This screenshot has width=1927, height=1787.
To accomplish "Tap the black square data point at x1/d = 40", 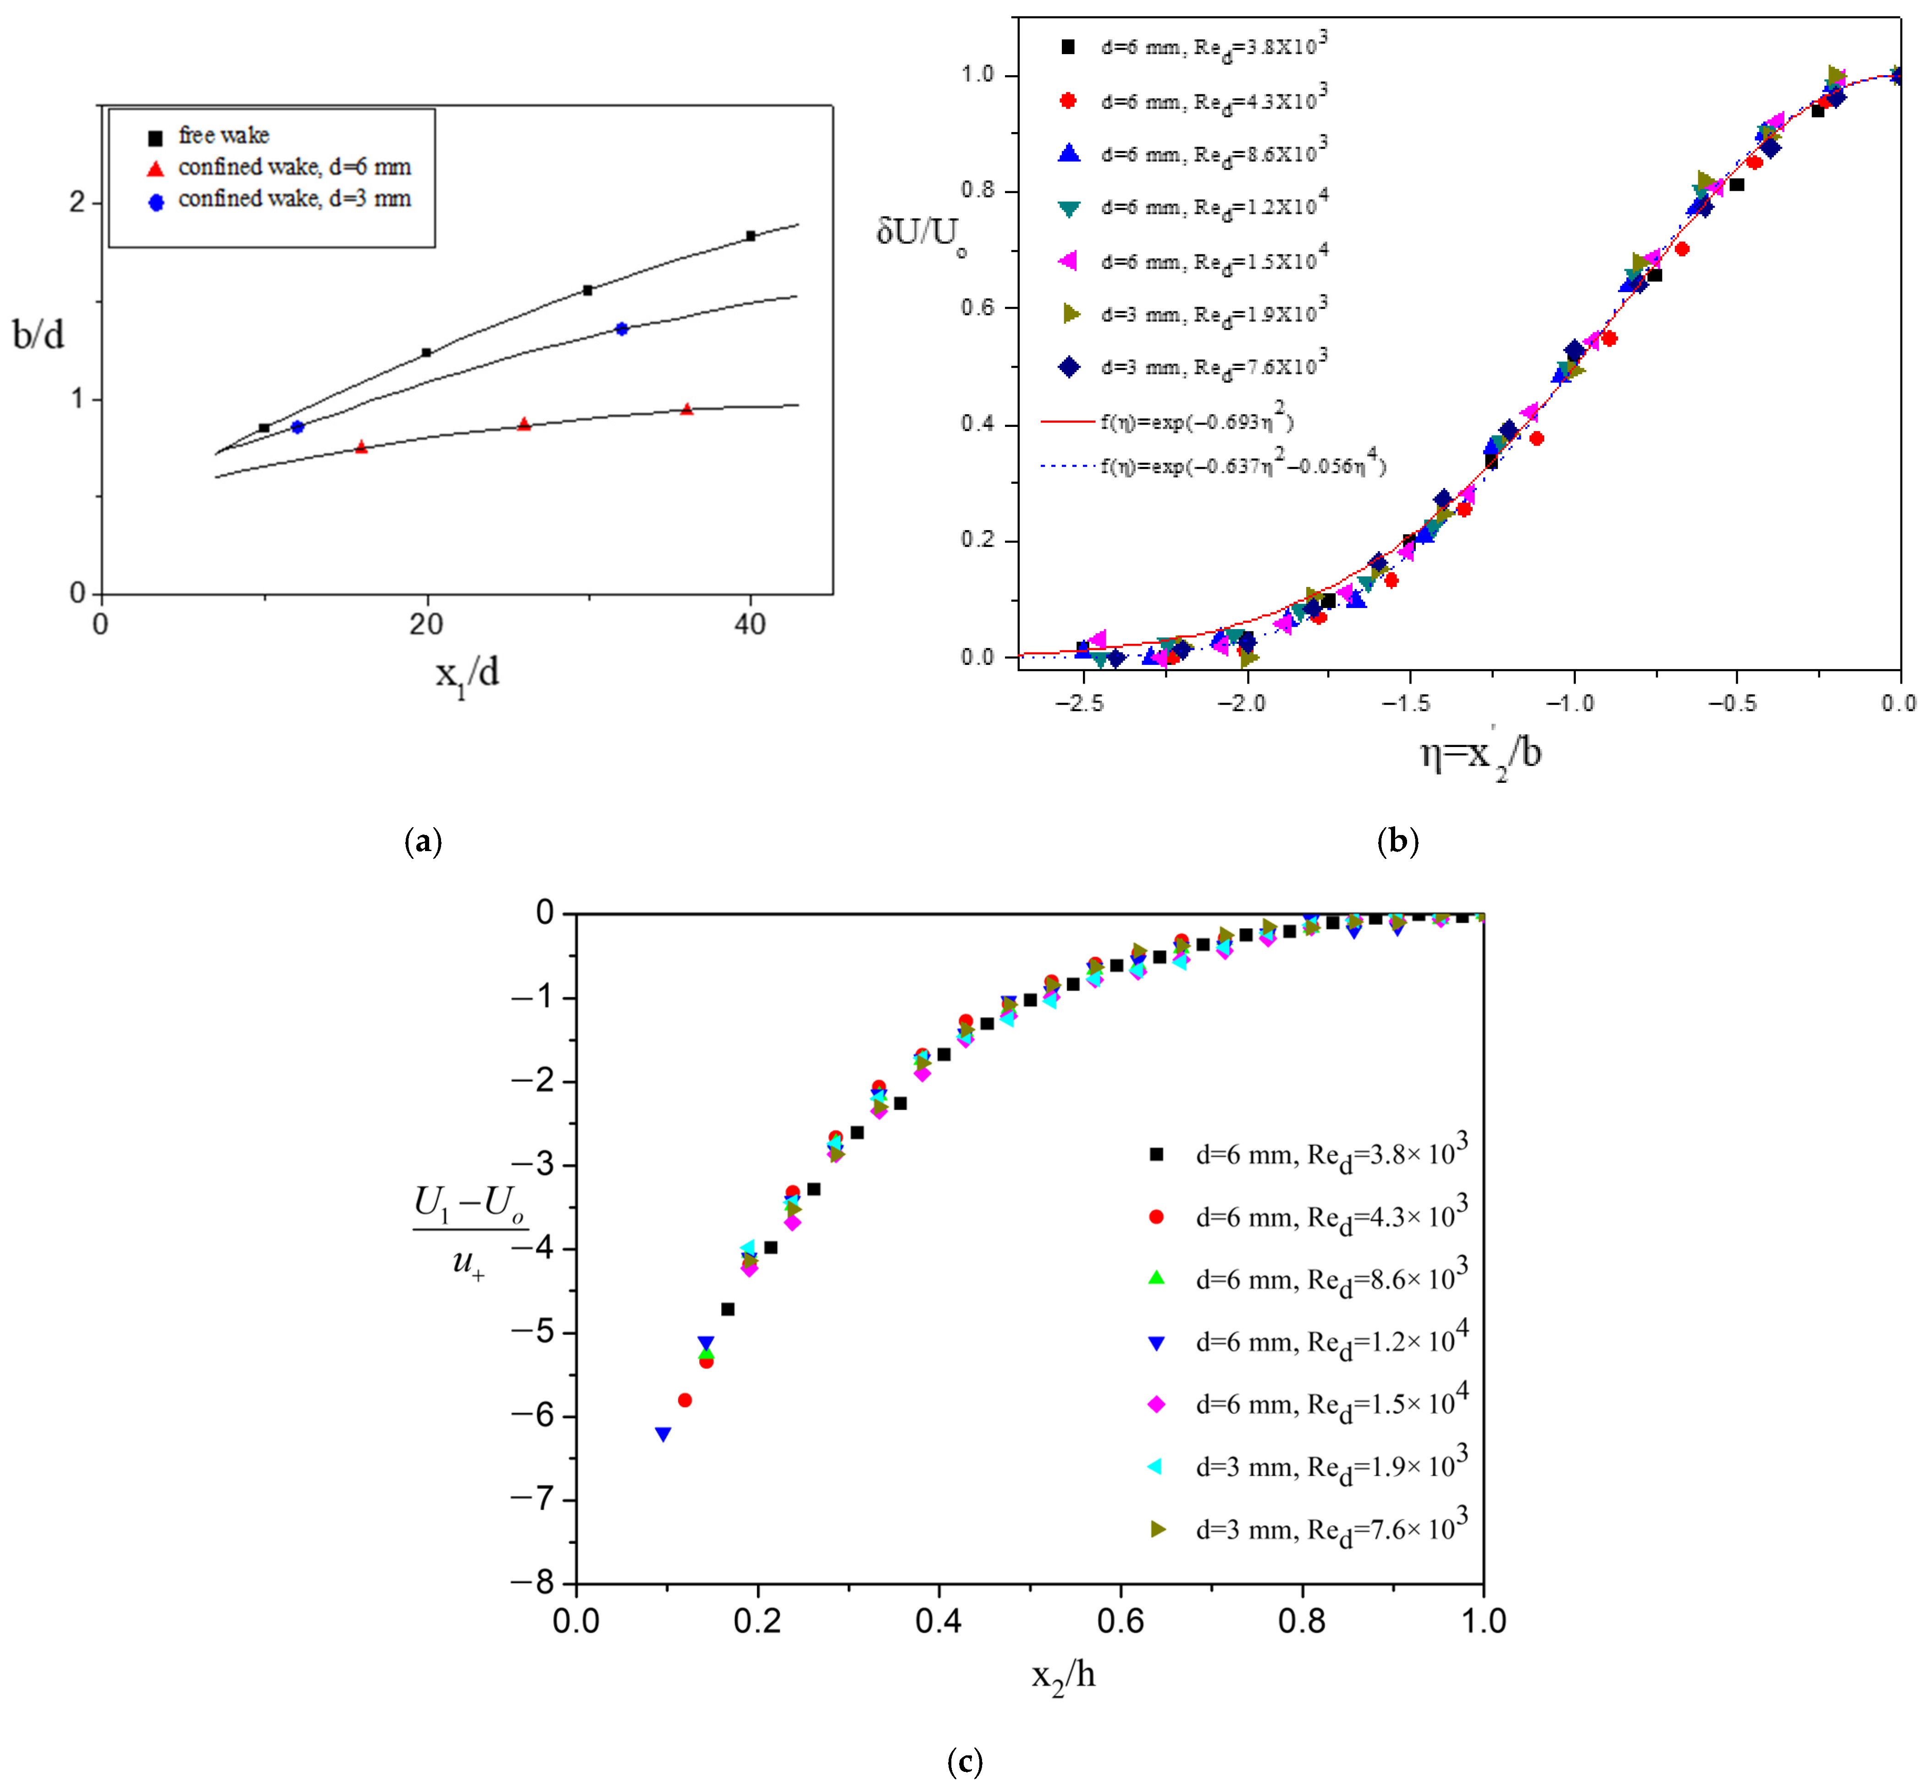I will (750, 235).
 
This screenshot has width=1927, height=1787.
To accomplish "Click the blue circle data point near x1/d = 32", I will (622, 329).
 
